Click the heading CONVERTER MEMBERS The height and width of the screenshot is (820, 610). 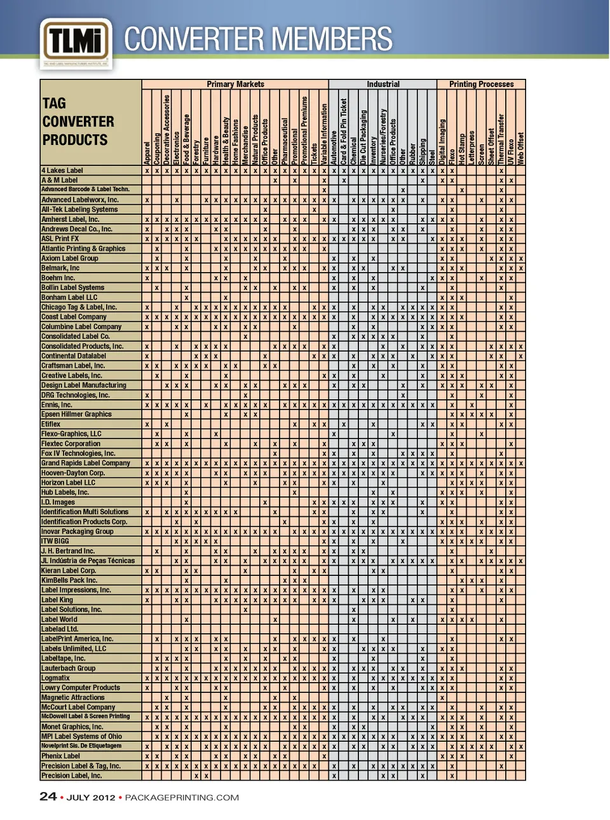(x=258, y=39)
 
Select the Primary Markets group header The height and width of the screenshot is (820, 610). (x=235, y=84)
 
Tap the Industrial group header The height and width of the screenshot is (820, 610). (x=383, y=84)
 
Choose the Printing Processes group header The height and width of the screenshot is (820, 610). (x=481, y=84)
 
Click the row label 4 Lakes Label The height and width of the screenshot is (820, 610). (x=62, y=170)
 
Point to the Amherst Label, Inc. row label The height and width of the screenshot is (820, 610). (x=71, y=219)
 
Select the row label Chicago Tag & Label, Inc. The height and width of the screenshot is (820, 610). (x=79, y=307)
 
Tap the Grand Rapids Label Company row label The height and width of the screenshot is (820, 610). (x=85, y=463)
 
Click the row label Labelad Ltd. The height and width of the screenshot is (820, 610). (x=60, y=629)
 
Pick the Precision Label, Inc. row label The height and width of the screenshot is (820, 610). (x=71, y=776)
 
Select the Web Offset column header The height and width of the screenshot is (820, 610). (x=521, y=148)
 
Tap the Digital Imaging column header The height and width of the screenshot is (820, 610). (x=442, y=142)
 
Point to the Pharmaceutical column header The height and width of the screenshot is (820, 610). (x=285, y=141)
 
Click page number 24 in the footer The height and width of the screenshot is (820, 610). (x=48, y=797)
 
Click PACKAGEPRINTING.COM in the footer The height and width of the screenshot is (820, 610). (x=182, y=798)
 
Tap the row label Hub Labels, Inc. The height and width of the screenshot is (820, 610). (x=65, y=493)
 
